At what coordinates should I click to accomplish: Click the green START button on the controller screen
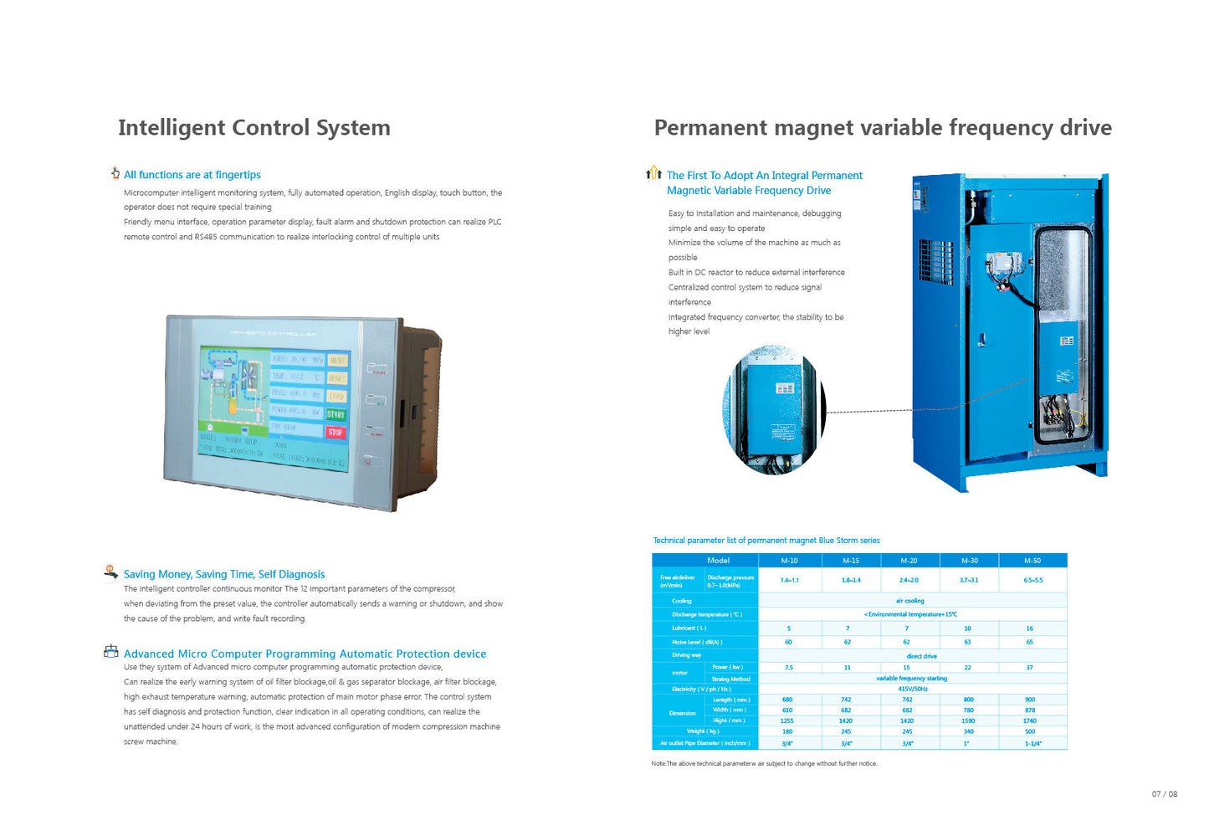(x=336, y=414)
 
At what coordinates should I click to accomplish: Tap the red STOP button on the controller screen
(x=336, y=432)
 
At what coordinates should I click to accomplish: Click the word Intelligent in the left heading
(x=172, y=127)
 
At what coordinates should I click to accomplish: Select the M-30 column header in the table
(x=969, y=561)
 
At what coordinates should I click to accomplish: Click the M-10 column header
(x=789, y=561)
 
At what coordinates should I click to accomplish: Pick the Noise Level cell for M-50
(x=1029, y=642)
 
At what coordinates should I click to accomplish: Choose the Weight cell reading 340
(x=968, y=731)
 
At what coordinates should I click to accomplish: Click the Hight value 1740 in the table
(x=1029, y=721)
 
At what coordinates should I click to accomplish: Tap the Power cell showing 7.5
(x=788, y=668)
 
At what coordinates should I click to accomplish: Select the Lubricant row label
(x=689, y=628)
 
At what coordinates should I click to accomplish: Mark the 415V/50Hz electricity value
(x=912, y=689)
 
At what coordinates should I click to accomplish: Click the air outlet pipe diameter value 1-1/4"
(x=1032, y=743)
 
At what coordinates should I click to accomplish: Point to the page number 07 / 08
(x=1164, y=794)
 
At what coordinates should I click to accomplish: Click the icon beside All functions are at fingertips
(x=115, y=173)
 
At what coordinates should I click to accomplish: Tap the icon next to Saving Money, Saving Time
(x=110, y=572)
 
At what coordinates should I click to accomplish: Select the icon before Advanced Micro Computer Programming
(x=110, y=651)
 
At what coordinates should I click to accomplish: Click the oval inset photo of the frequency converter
(x=774, y=411)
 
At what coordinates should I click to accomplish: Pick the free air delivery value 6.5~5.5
(x=1032, y=580)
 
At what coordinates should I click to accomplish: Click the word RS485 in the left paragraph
(x=205, y=237)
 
